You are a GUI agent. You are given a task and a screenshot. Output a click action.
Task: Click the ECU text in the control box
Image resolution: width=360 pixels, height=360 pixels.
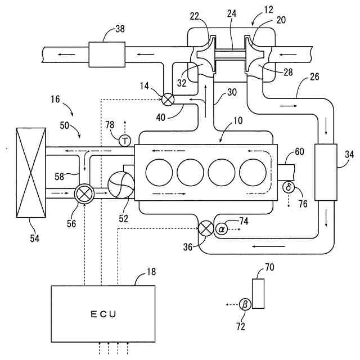pos(103,314)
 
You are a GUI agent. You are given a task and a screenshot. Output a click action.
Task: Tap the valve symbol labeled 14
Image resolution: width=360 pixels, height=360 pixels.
pos(168,100)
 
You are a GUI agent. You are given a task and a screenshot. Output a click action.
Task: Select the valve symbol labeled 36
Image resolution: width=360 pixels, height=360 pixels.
pos(206,229)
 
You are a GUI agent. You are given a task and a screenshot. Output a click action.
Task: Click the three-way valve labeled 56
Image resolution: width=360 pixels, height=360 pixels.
pos(85,193)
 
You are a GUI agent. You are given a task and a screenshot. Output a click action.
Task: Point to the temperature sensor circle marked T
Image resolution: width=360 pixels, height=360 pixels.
pos(125,141)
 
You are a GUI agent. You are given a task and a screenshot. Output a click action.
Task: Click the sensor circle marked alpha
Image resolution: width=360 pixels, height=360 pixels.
pos(222,229)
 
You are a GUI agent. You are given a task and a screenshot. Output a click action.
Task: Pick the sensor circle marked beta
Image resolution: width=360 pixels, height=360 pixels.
pos(245,305)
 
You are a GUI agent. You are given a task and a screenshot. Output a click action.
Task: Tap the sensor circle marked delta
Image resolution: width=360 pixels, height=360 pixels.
pos(289,187)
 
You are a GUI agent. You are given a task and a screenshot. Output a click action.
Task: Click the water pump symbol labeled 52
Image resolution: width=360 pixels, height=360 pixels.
pos(121,184)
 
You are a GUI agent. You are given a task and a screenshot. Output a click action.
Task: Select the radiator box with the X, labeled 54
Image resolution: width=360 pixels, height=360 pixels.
pos(31,173)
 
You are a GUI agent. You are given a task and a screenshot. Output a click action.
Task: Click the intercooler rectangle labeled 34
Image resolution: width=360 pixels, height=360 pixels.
pos(326,172)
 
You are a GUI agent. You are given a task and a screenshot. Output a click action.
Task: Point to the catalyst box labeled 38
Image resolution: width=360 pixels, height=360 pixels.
pos(107,55)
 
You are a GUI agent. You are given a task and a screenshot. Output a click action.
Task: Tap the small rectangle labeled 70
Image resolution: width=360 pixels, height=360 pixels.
pos(258,294)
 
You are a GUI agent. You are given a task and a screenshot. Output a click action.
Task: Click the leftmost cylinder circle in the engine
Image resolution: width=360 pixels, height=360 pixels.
pos(159,172)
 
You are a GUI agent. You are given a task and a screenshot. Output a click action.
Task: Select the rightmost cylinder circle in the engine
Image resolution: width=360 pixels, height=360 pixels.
pos(253,172)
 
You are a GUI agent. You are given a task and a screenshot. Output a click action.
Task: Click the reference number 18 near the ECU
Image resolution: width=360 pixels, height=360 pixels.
pos(151,272)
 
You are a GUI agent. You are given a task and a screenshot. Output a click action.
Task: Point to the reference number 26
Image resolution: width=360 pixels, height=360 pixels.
pos(314,76)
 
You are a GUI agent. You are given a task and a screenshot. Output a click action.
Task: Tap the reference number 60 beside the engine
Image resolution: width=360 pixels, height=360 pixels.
pos(299,151)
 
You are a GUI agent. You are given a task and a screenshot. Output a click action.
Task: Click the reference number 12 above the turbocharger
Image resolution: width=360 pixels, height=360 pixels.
pos(269,10)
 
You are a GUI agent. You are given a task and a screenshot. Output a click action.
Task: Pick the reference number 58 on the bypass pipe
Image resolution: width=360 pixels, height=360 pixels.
pos(59,177)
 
